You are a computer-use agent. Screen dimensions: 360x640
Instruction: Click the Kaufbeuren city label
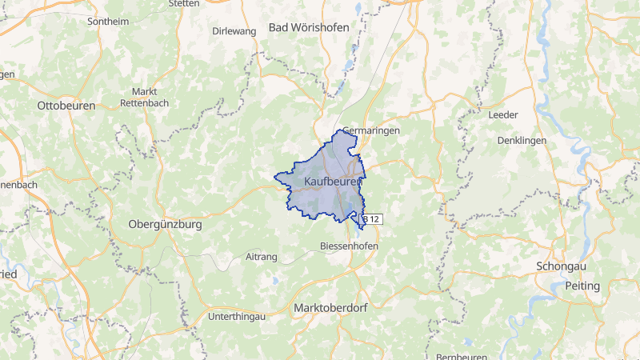pyautogui.click(x=334, y=182)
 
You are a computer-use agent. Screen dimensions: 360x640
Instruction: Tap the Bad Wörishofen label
pyautogui.click(x=309, y=27)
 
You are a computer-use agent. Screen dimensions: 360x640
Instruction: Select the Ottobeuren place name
pyautogui.click(x=66, y=106)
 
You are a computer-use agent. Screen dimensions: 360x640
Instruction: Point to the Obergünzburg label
pyautogui.click(x=165, y=225)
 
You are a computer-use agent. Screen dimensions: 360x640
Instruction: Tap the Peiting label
pyautogui.click(x=582, y=286)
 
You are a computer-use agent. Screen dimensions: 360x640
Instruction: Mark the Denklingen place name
pyautogui.click(x=521, y=140)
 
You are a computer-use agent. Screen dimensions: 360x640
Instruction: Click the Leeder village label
pyautogui.click(x=503, y=114)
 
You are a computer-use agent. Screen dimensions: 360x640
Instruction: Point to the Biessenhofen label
pyautogui.click(x=349, y=246)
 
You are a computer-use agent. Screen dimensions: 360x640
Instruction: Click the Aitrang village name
pyautogui.click(x=262, y=257)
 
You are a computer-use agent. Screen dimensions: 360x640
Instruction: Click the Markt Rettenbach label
pyautogui.click(x=145, y=97)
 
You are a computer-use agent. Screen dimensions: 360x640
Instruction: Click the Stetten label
pyautogui.click(x=185, y=3)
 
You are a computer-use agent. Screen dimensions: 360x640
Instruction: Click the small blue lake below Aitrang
pyautogui.click(x=274, y=281)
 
